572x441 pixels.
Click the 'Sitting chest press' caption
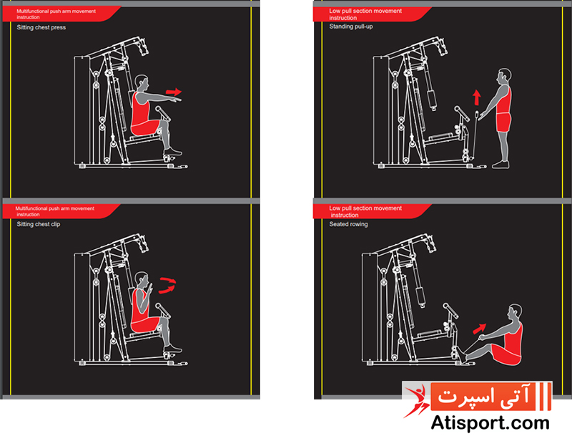[x=41, y=27]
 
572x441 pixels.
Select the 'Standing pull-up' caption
[x=351, y=26]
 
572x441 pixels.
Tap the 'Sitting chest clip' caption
[x=39, y=224]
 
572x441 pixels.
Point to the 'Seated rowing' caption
[x=348, y=224]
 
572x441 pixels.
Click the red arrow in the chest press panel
[x=174, y=92]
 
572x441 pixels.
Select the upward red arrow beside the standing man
[x=476, y=97]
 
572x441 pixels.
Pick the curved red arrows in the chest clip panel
[x=167, y=286]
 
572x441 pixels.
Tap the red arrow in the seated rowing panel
[x=480, y=328]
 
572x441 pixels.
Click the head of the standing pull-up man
[x=504, y=77]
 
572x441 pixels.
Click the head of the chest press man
[x=141, y=83]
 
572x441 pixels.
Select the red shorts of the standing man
[x=503, y=122]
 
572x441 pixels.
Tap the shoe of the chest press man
[x=172, y=151]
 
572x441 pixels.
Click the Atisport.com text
[x=490, y=424]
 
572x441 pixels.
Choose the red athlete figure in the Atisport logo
[x=416, y=401]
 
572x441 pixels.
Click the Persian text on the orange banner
[x=484, y=396]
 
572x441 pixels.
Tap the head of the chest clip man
[x=141, y=281]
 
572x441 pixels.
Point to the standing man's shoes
[x=500, y=165]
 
